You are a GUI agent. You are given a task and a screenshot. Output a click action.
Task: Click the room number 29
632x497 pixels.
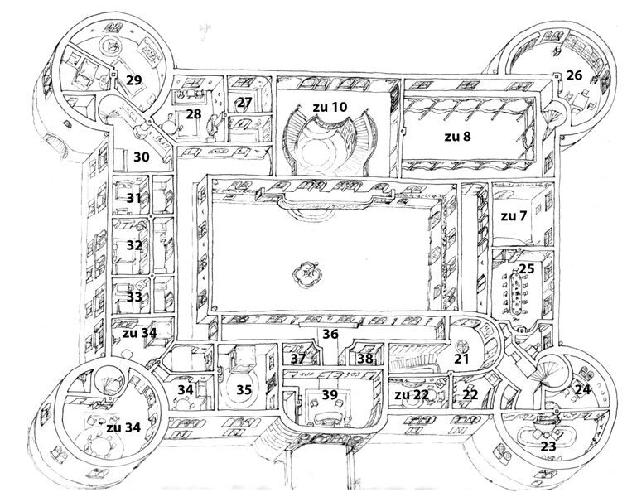coord(134,80)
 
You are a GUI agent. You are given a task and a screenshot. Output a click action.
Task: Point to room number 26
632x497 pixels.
coord(574,75)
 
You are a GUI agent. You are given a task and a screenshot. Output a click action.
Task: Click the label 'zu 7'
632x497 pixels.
coord(514,216)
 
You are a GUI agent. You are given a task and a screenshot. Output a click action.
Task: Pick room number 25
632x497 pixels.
coord(527,270)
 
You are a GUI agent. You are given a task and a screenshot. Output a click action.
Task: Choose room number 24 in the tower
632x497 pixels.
coord(582,388)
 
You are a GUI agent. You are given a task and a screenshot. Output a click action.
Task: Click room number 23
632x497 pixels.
coord(548,445)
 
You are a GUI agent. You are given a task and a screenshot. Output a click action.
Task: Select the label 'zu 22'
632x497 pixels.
coord(411,395)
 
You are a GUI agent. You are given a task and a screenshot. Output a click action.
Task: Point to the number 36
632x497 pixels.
coord(330,335)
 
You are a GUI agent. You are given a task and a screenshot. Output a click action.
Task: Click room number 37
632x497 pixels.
coord(298,359)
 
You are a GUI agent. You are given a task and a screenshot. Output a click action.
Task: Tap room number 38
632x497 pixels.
coord(364,359)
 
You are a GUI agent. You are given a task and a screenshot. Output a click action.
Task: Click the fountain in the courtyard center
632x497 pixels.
coord(308,271)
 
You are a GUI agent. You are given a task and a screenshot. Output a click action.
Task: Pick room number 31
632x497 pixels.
coord(134,198)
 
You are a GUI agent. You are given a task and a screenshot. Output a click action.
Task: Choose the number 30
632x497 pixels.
coord(141,157)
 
